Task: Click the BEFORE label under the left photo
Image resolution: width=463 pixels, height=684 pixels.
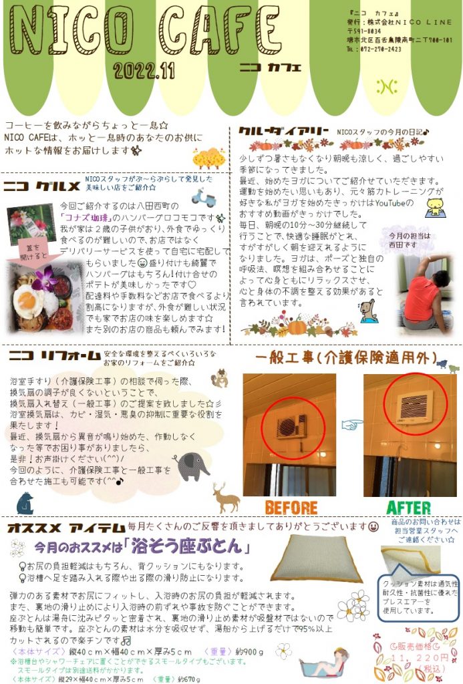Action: [291, 506]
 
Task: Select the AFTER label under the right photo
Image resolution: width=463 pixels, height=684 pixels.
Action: [408, 506]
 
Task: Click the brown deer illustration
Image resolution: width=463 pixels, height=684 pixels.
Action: [226, 497]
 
